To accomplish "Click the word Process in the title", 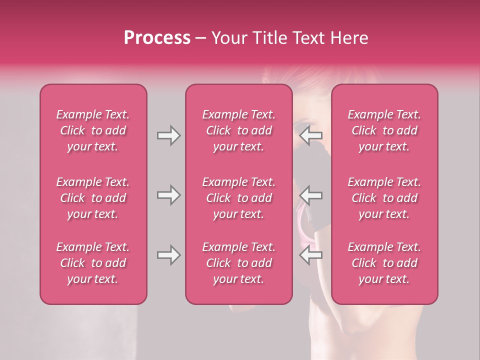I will point(157,38).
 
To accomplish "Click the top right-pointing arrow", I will point(168,135).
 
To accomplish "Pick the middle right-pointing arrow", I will point(168,194).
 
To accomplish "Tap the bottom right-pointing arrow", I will point(168,255).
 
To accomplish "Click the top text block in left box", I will point(93,130).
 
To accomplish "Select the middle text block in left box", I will point(93,198).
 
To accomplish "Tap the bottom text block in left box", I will point(93,263).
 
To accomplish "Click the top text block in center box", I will point(239,130).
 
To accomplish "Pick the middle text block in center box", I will point(239,198).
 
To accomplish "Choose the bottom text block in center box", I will point(239,263).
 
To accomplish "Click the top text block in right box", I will point(384,130).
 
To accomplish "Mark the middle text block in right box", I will point(384,198).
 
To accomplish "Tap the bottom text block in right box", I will point(384,263).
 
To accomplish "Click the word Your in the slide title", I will point(227,38).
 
